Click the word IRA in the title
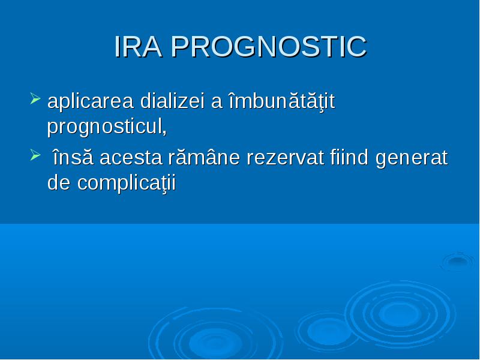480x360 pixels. point(138,47)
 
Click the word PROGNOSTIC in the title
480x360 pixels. point(269,47)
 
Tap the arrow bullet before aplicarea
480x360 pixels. point(35,98)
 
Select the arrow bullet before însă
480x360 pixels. point(35,155)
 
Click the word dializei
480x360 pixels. point(172,100)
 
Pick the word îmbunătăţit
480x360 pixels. point(282,101)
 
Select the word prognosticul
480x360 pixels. point(104,126)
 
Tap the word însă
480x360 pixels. point(73,157)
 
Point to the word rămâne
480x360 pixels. point(204,157)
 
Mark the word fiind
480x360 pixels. point(349,157)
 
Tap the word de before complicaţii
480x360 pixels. point(59,182)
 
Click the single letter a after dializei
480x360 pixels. point(217,102)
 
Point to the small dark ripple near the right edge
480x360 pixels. point(457,261)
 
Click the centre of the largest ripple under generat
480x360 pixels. point(400,314)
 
